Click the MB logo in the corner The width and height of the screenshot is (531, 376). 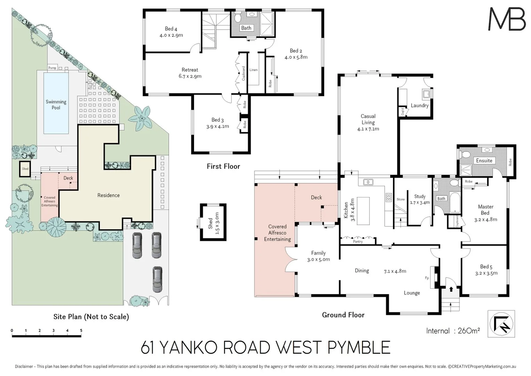[507, 19]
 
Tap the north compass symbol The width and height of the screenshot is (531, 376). [501, 324]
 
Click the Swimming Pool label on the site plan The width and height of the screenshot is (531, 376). [56, 104]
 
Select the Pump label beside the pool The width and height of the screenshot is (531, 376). [52, 68]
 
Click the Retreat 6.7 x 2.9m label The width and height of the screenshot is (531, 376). [190, 73]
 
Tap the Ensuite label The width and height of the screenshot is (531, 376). [484, 160]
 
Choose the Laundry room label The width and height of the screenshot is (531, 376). [419, 105]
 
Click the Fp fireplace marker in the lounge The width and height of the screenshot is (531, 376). [427, 278]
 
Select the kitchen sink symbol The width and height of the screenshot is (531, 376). [368, 182]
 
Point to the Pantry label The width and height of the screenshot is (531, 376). [357, 241]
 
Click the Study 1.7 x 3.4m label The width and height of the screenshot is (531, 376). [420, 199]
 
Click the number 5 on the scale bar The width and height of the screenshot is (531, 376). [81, 331]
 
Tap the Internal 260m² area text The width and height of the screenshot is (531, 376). [453, 331]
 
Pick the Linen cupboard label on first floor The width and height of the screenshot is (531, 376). [254, 70]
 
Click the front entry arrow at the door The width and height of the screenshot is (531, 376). [451, 289]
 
